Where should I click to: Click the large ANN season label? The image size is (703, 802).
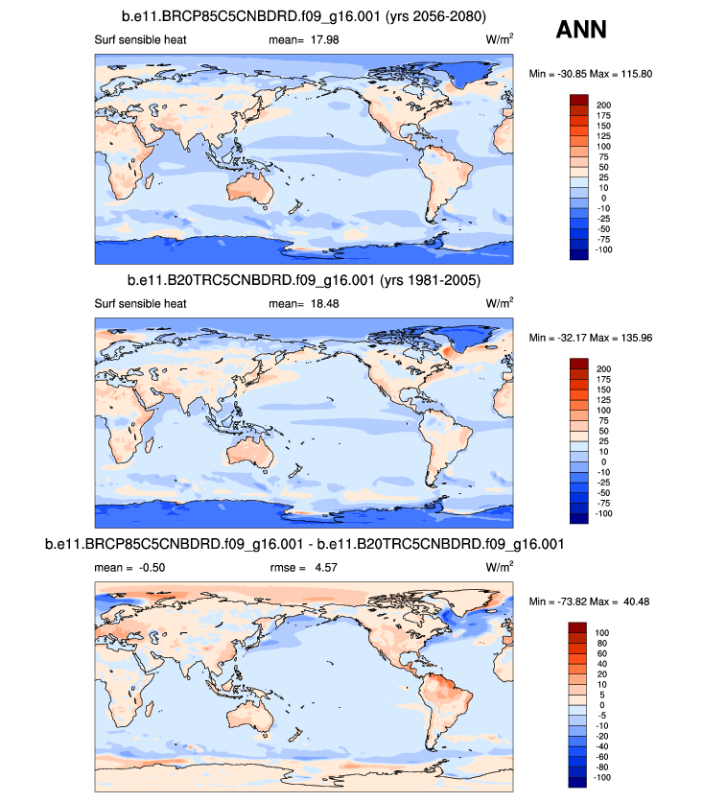tap(580, 31)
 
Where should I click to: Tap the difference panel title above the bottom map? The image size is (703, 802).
tap(304, 545)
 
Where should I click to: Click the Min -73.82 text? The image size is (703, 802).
tap(563, 601)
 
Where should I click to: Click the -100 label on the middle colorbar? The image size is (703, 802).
tap(606, 514)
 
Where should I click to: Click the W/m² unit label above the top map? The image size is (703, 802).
tap(500, 39)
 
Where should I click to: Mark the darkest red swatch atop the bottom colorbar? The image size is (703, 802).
tap(577, 627)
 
